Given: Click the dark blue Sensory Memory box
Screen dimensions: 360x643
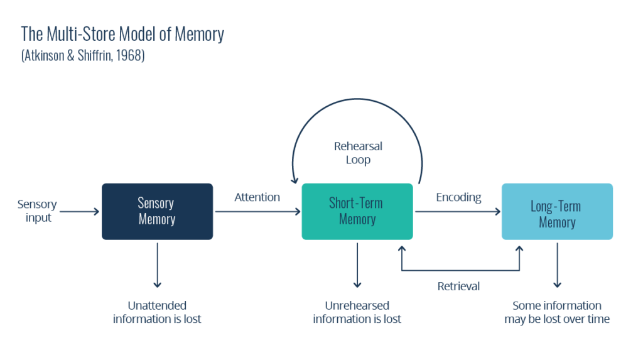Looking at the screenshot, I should click(x=157, y=211).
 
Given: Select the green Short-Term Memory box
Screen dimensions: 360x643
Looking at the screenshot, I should click(x=357, y=211).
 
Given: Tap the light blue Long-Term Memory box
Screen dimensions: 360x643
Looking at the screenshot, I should click(x=556, y=212).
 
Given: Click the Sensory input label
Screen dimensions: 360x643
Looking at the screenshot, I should click(x=37, y=211).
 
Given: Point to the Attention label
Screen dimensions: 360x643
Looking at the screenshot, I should click(x=257, y=197).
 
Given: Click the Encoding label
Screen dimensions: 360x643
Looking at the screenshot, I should click(x=458, y=197).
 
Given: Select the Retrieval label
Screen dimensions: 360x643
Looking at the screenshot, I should click(x=458, y=286).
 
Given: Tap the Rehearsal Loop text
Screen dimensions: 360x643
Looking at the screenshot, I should click(x=358, y=153).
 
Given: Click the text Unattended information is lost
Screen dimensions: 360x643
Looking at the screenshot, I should click(x=157, y=312).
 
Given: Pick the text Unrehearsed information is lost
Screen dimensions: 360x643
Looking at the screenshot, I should click(x=357, y=312).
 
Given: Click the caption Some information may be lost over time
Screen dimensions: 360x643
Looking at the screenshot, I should click(x=556, y=312).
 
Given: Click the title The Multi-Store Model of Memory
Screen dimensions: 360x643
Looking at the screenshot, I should click(x=122, y=34).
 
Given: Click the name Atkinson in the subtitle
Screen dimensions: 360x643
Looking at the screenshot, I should click(x=48, y=55).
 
